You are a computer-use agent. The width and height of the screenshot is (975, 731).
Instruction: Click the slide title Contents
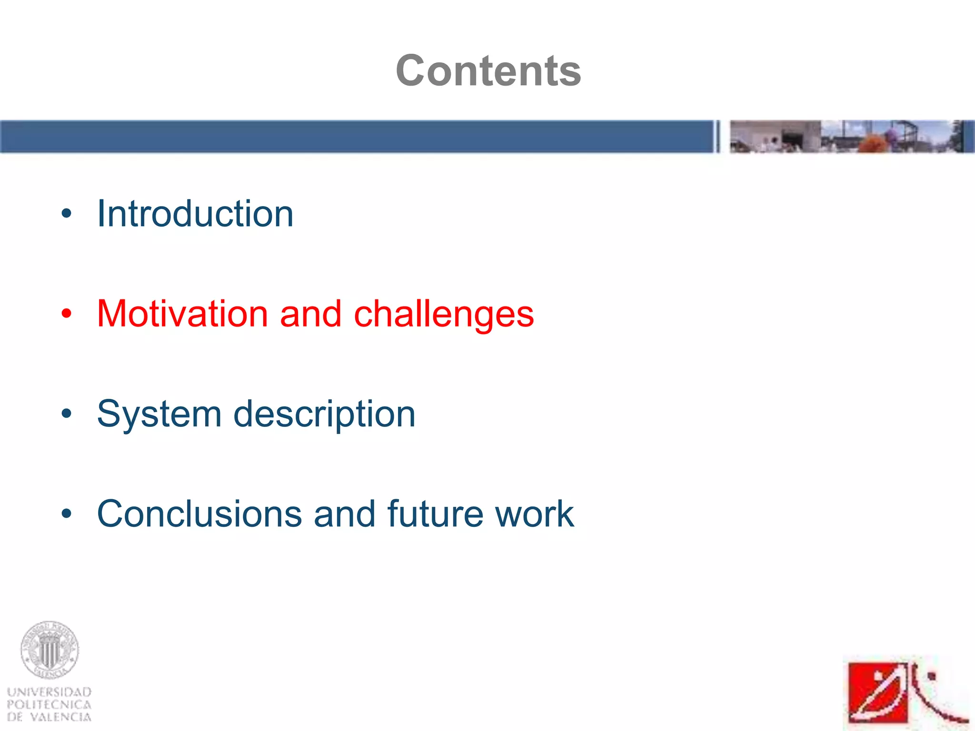pos(488,70)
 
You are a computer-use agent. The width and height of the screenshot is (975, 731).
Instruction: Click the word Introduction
pos(195,214)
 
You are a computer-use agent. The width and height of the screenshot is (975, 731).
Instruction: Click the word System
pos(159,414)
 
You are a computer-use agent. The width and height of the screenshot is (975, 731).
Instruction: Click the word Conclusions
pos(199,514)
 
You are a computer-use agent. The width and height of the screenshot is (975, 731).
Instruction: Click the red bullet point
pos(66,314)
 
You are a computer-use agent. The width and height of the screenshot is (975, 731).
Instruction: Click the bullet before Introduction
pos(66,214)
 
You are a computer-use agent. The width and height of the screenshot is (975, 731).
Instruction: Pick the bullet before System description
pos(66,414)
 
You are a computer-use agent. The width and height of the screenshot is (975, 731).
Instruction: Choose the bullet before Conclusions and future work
pos(66,514)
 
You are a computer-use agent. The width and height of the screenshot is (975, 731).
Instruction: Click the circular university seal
pos(49,650)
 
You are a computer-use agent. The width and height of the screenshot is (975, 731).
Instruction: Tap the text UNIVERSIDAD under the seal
pos(49,692)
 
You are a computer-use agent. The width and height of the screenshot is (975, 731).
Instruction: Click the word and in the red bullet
pos(310,314)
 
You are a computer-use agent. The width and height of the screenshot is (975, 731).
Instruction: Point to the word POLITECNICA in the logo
pos(49,705)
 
